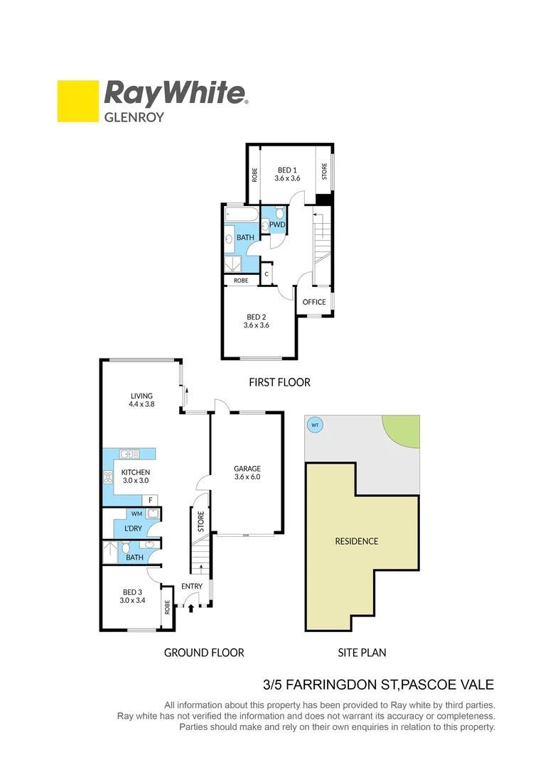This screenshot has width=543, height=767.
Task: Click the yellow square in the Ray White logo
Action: pos(77,101)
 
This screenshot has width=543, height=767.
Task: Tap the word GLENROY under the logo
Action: pos(134,116)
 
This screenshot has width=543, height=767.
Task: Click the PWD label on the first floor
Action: pos(277,225)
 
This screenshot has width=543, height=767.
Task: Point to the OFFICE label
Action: pos(314,302)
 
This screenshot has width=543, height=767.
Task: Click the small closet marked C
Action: pos(267,273)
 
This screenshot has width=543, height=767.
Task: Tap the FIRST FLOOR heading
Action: pos(279,382)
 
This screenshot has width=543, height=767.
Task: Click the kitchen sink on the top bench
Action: pos(129,453)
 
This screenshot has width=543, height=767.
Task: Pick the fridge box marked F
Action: pos(151,500)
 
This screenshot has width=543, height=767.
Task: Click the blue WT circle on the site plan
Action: pos(313,425)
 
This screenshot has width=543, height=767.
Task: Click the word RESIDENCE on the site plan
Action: pos(356,541)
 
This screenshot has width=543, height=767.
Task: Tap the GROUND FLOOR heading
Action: pos(204,653)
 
